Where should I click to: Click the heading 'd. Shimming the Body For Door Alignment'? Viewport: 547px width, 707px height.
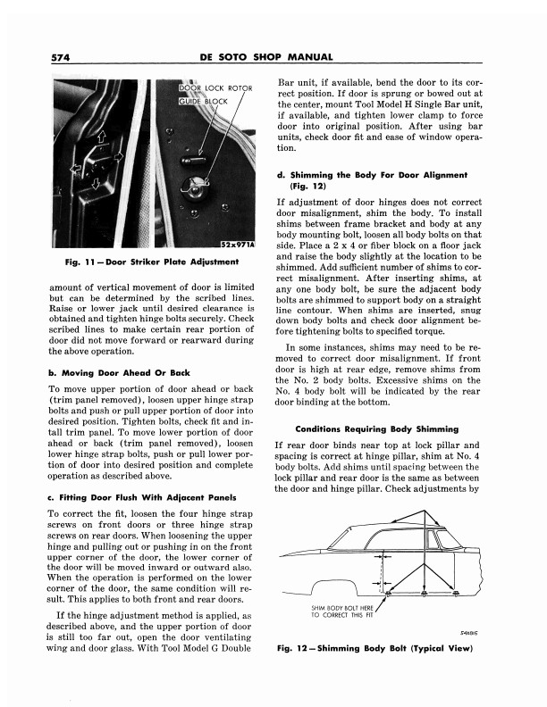click(x=373, y=179)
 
